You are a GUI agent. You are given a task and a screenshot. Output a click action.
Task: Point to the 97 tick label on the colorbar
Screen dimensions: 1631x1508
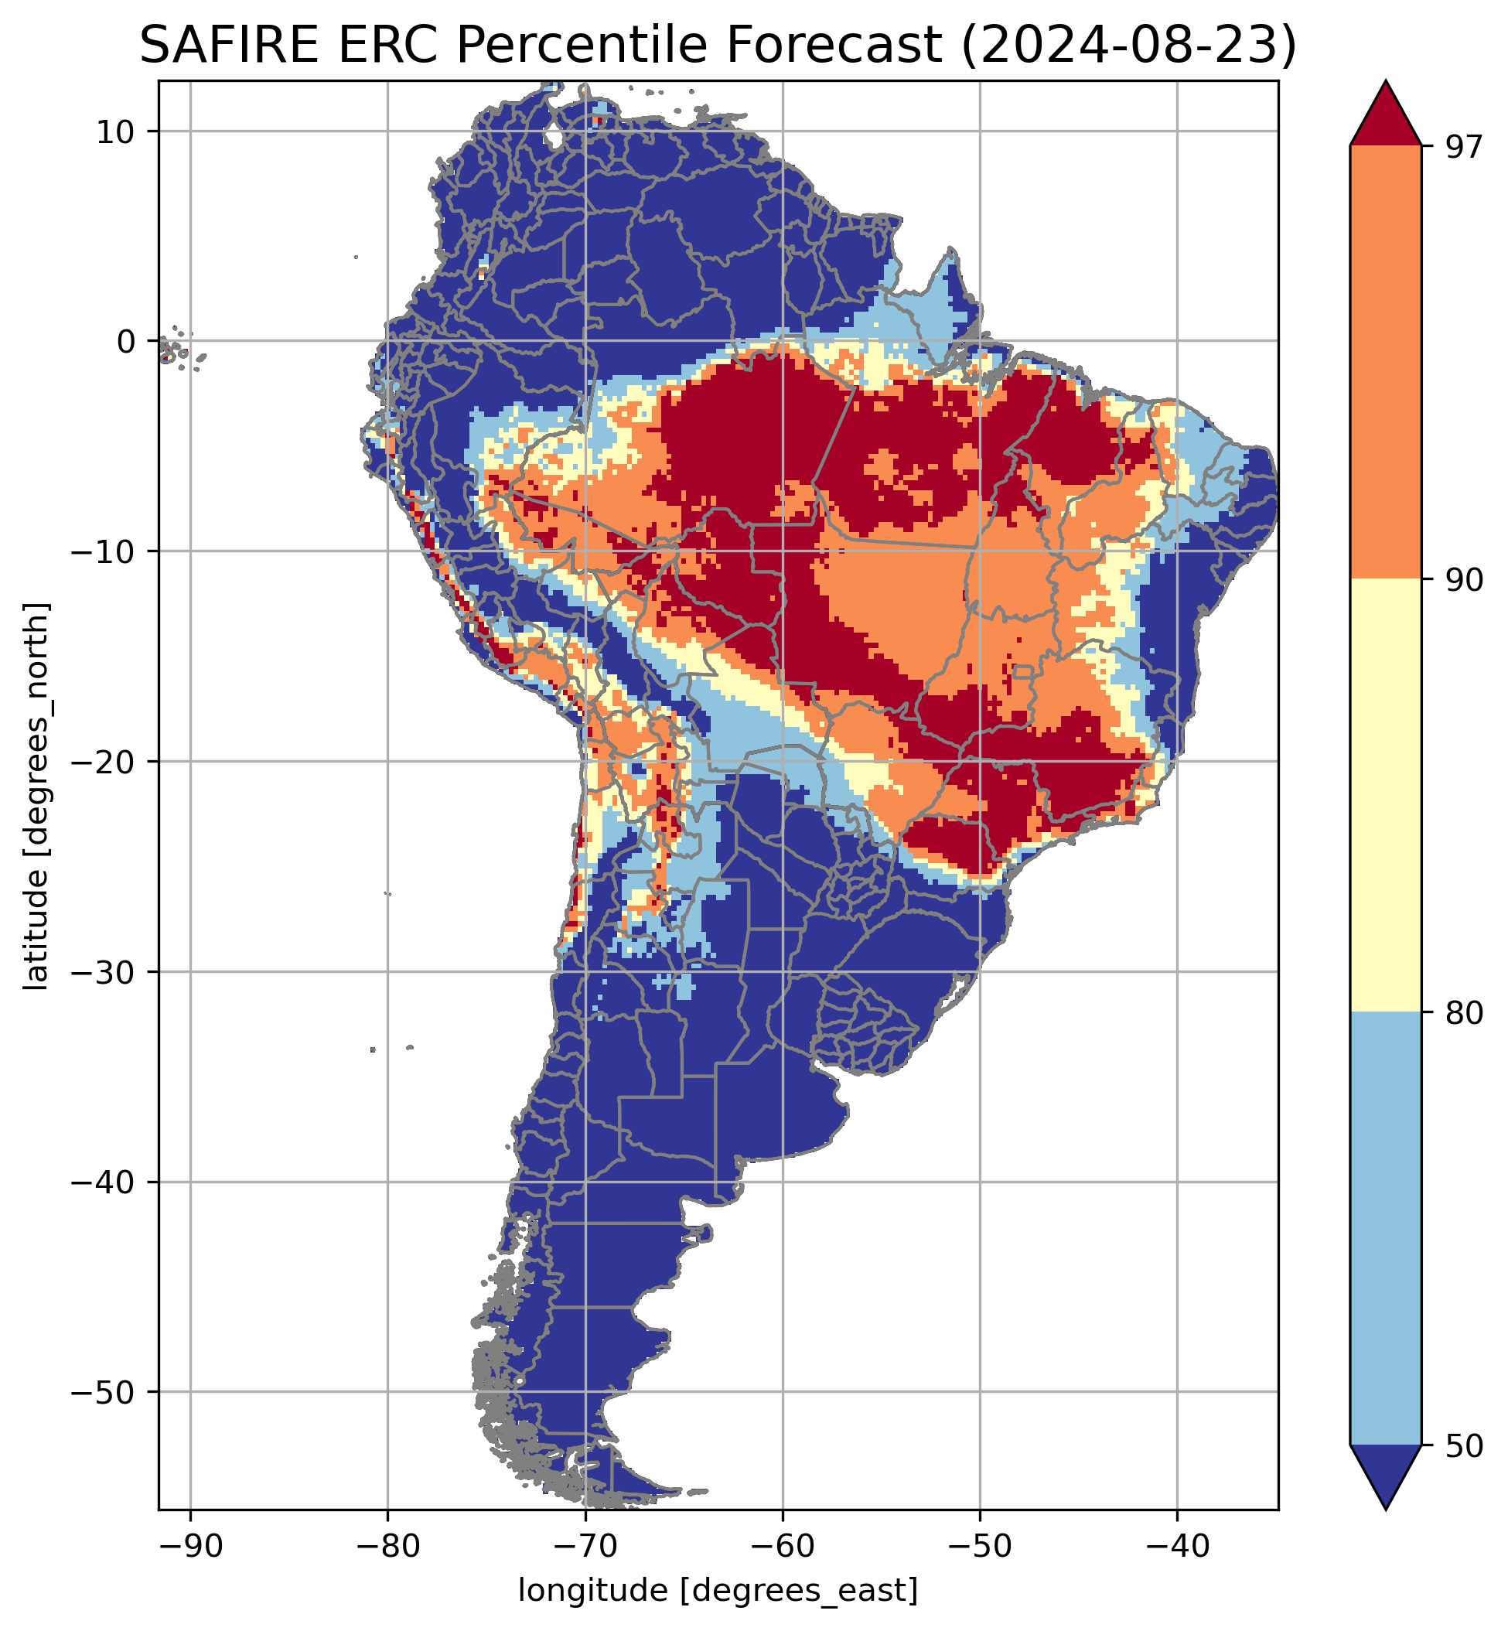pos(1458,147)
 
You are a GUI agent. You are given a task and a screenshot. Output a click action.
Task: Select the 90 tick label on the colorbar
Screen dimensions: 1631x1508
pos(1458,580)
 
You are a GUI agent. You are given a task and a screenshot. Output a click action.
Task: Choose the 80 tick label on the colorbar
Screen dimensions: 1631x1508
pos(1458,1013)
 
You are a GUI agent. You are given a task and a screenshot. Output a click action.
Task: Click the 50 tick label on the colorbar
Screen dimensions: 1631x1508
pos(1458,1447)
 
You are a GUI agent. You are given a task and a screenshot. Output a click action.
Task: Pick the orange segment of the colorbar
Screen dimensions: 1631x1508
pos(1386,363)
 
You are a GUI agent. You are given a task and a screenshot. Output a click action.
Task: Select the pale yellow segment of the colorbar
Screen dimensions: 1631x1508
pos(1386,796)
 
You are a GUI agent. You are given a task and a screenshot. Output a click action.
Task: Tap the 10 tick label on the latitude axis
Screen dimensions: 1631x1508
pos(115,131)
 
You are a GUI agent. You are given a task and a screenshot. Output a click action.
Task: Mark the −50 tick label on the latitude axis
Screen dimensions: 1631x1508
pos(104,1392)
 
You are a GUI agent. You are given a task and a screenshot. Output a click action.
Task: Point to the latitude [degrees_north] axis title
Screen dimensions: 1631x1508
pos(36,797)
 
